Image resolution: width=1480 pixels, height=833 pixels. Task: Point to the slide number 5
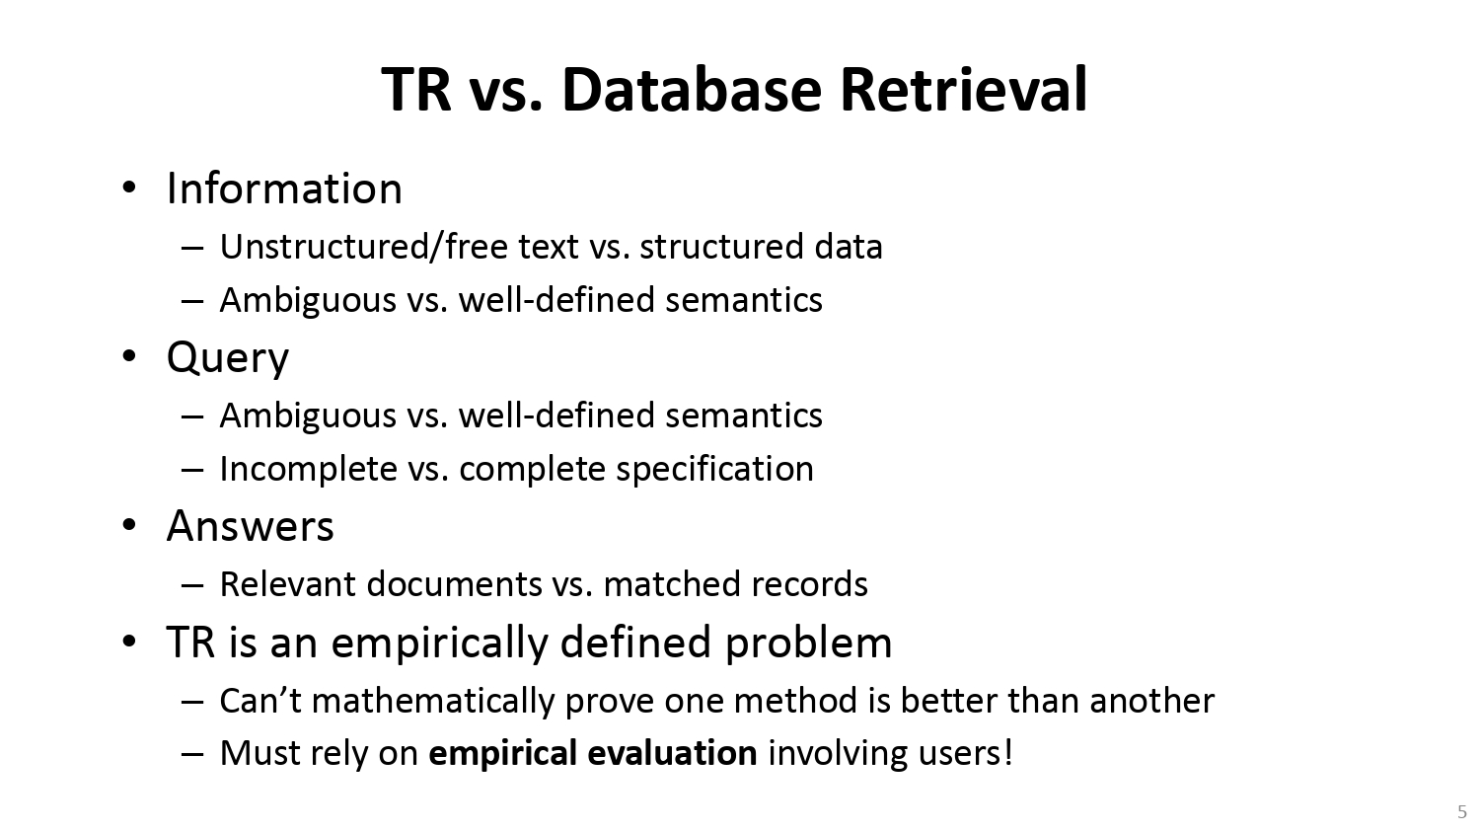(1461, 812)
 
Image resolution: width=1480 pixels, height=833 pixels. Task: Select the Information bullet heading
(284, 189)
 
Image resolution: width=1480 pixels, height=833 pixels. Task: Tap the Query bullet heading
(228, 358)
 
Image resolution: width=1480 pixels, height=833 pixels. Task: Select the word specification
(715, 469)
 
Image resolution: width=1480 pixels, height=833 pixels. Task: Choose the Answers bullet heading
(251, 526)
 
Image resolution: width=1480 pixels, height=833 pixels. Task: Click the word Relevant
(287, 584)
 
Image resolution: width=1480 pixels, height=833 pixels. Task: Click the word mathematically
(433, 701)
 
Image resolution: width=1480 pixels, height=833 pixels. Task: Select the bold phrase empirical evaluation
(593, 753)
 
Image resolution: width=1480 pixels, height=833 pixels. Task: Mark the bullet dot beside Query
(129, 356)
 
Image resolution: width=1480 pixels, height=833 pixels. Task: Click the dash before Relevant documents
(192, 585)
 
